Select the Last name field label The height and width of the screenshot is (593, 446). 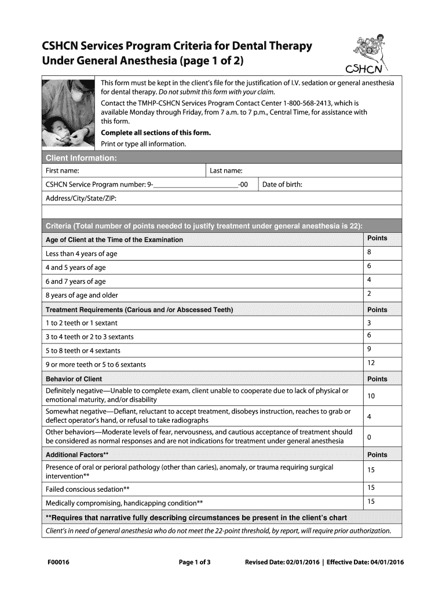coord(226,171)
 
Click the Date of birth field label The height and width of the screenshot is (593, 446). coord(282,185)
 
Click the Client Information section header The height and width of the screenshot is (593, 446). coord(82,158)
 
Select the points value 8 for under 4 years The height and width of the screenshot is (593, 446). coord(369,253)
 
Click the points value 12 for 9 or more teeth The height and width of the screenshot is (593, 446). coord(371,363)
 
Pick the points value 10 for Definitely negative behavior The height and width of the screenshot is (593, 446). coord(371,396)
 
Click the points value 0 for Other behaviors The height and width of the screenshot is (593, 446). coord(369,436)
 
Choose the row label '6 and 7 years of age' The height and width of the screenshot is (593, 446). coord(76,281)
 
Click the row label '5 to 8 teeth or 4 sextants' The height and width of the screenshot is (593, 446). coord(83,350)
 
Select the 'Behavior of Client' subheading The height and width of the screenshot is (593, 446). coord(74,379)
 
